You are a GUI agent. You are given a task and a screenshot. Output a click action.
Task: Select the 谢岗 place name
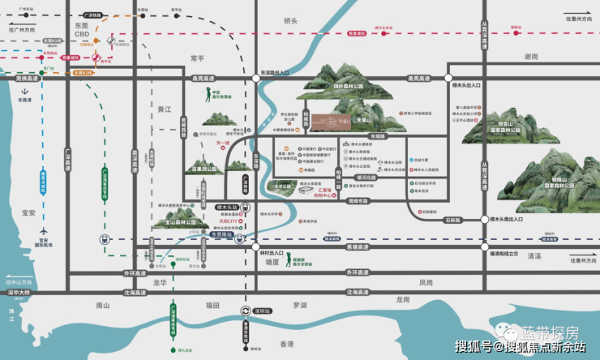coord(532,57)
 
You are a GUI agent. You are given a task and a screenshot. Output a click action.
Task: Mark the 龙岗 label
coord(403,299)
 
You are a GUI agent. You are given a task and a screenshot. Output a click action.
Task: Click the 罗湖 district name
coord(300,306)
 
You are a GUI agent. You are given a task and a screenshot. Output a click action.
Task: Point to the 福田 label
coord(212,306)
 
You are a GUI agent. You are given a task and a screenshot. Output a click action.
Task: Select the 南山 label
coord(102,306)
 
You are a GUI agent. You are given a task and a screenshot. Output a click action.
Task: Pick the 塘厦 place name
coord(272,262)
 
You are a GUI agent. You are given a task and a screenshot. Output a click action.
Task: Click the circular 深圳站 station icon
coord(246,311)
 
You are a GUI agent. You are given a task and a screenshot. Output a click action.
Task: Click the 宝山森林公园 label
coord(180,221)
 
